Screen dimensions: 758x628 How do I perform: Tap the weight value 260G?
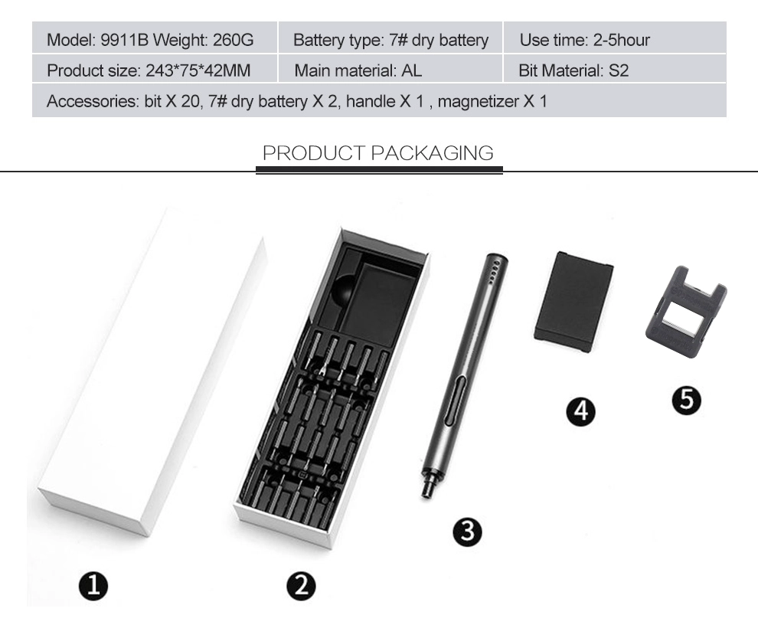pyautogui.click(x=233, y=40)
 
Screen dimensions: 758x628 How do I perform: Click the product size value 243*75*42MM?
pyautogui.click(x=198, y=70)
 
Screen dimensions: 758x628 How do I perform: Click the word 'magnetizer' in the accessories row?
pyautogui.click(x=478, y=102)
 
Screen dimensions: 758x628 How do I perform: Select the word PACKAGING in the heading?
pyautogui.click(x=432, y=152)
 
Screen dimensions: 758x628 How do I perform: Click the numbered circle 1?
pyautogui.click(x=93, y=586)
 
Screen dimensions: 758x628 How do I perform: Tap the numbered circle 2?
pyautogui.click(x=301, y=586)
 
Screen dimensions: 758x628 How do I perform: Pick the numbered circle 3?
pyautogui.click(x=468, y=532)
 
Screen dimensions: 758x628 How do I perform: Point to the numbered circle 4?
pyautogui.click(x=581, y=411)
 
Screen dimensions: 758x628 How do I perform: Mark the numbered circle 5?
pyautogui.click(x=687, y=400)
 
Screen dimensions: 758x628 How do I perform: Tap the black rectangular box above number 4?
pyautogui.click(x=574, y=303)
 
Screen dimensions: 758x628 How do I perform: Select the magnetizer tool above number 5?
pyautogui.click(x=686, y=312)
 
